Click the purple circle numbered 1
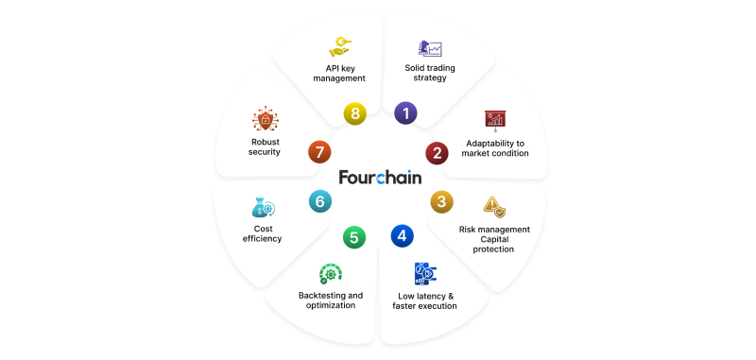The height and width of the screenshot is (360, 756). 405,113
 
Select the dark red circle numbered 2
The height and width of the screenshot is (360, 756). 437,153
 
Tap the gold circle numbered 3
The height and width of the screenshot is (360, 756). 441,201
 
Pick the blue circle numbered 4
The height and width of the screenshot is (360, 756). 403,235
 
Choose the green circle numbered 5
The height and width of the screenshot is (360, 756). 354,237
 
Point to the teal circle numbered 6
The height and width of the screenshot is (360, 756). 320,201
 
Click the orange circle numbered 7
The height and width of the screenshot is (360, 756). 319,152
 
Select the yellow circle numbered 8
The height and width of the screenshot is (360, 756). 355,113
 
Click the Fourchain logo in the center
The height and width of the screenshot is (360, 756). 380,177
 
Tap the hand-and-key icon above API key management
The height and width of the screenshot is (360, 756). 340,46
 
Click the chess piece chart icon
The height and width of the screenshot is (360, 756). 430,48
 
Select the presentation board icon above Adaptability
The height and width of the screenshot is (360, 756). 495,121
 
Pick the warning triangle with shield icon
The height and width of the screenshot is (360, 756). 494,207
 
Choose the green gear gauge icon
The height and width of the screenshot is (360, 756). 331,274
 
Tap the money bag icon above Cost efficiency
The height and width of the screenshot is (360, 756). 264,207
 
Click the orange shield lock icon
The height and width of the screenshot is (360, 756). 266,119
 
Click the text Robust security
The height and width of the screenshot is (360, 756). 265,147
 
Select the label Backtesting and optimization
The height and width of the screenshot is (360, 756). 331,300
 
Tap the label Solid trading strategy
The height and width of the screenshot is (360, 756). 430,73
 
